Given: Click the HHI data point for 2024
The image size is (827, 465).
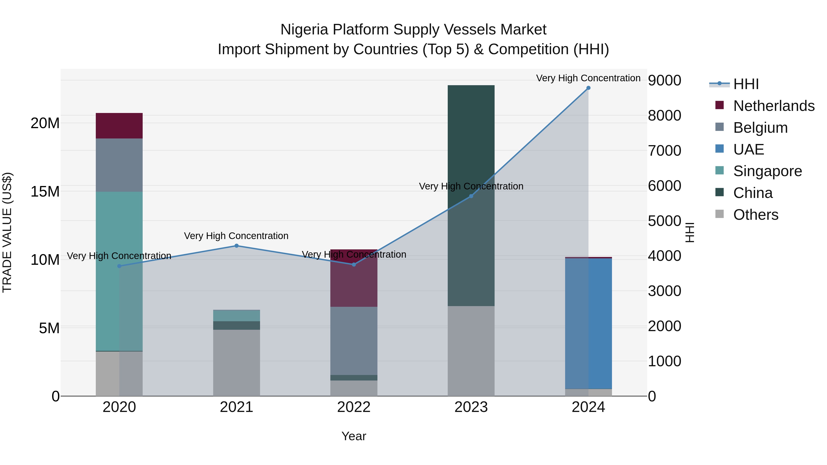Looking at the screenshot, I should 588,88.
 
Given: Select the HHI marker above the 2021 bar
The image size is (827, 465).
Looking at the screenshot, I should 237,246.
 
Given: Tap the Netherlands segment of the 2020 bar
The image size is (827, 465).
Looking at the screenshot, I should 119,126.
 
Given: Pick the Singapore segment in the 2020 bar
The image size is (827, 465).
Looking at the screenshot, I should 119,271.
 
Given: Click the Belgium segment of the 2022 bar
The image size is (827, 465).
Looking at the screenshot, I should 354,341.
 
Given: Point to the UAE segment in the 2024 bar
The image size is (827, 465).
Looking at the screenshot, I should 588,324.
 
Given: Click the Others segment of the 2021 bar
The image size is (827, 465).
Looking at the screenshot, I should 237,363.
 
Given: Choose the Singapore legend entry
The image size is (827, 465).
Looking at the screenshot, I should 767,171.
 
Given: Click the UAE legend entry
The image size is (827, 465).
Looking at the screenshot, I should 748,149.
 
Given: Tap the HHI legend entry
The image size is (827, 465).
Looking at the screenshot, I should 746,84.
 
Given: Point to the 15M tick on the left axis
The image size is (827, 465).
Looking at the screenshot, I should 45,192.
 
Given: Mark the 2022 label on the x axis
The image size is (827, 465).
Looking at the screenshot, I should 354,407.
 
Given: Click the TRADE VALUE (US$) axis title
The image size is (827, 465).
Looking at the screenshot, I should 7,232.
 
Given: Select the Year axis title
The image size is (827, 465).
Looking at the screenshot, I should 354,436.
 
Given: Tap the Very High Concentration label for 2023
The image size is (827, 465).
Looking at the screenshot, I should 471,186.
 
